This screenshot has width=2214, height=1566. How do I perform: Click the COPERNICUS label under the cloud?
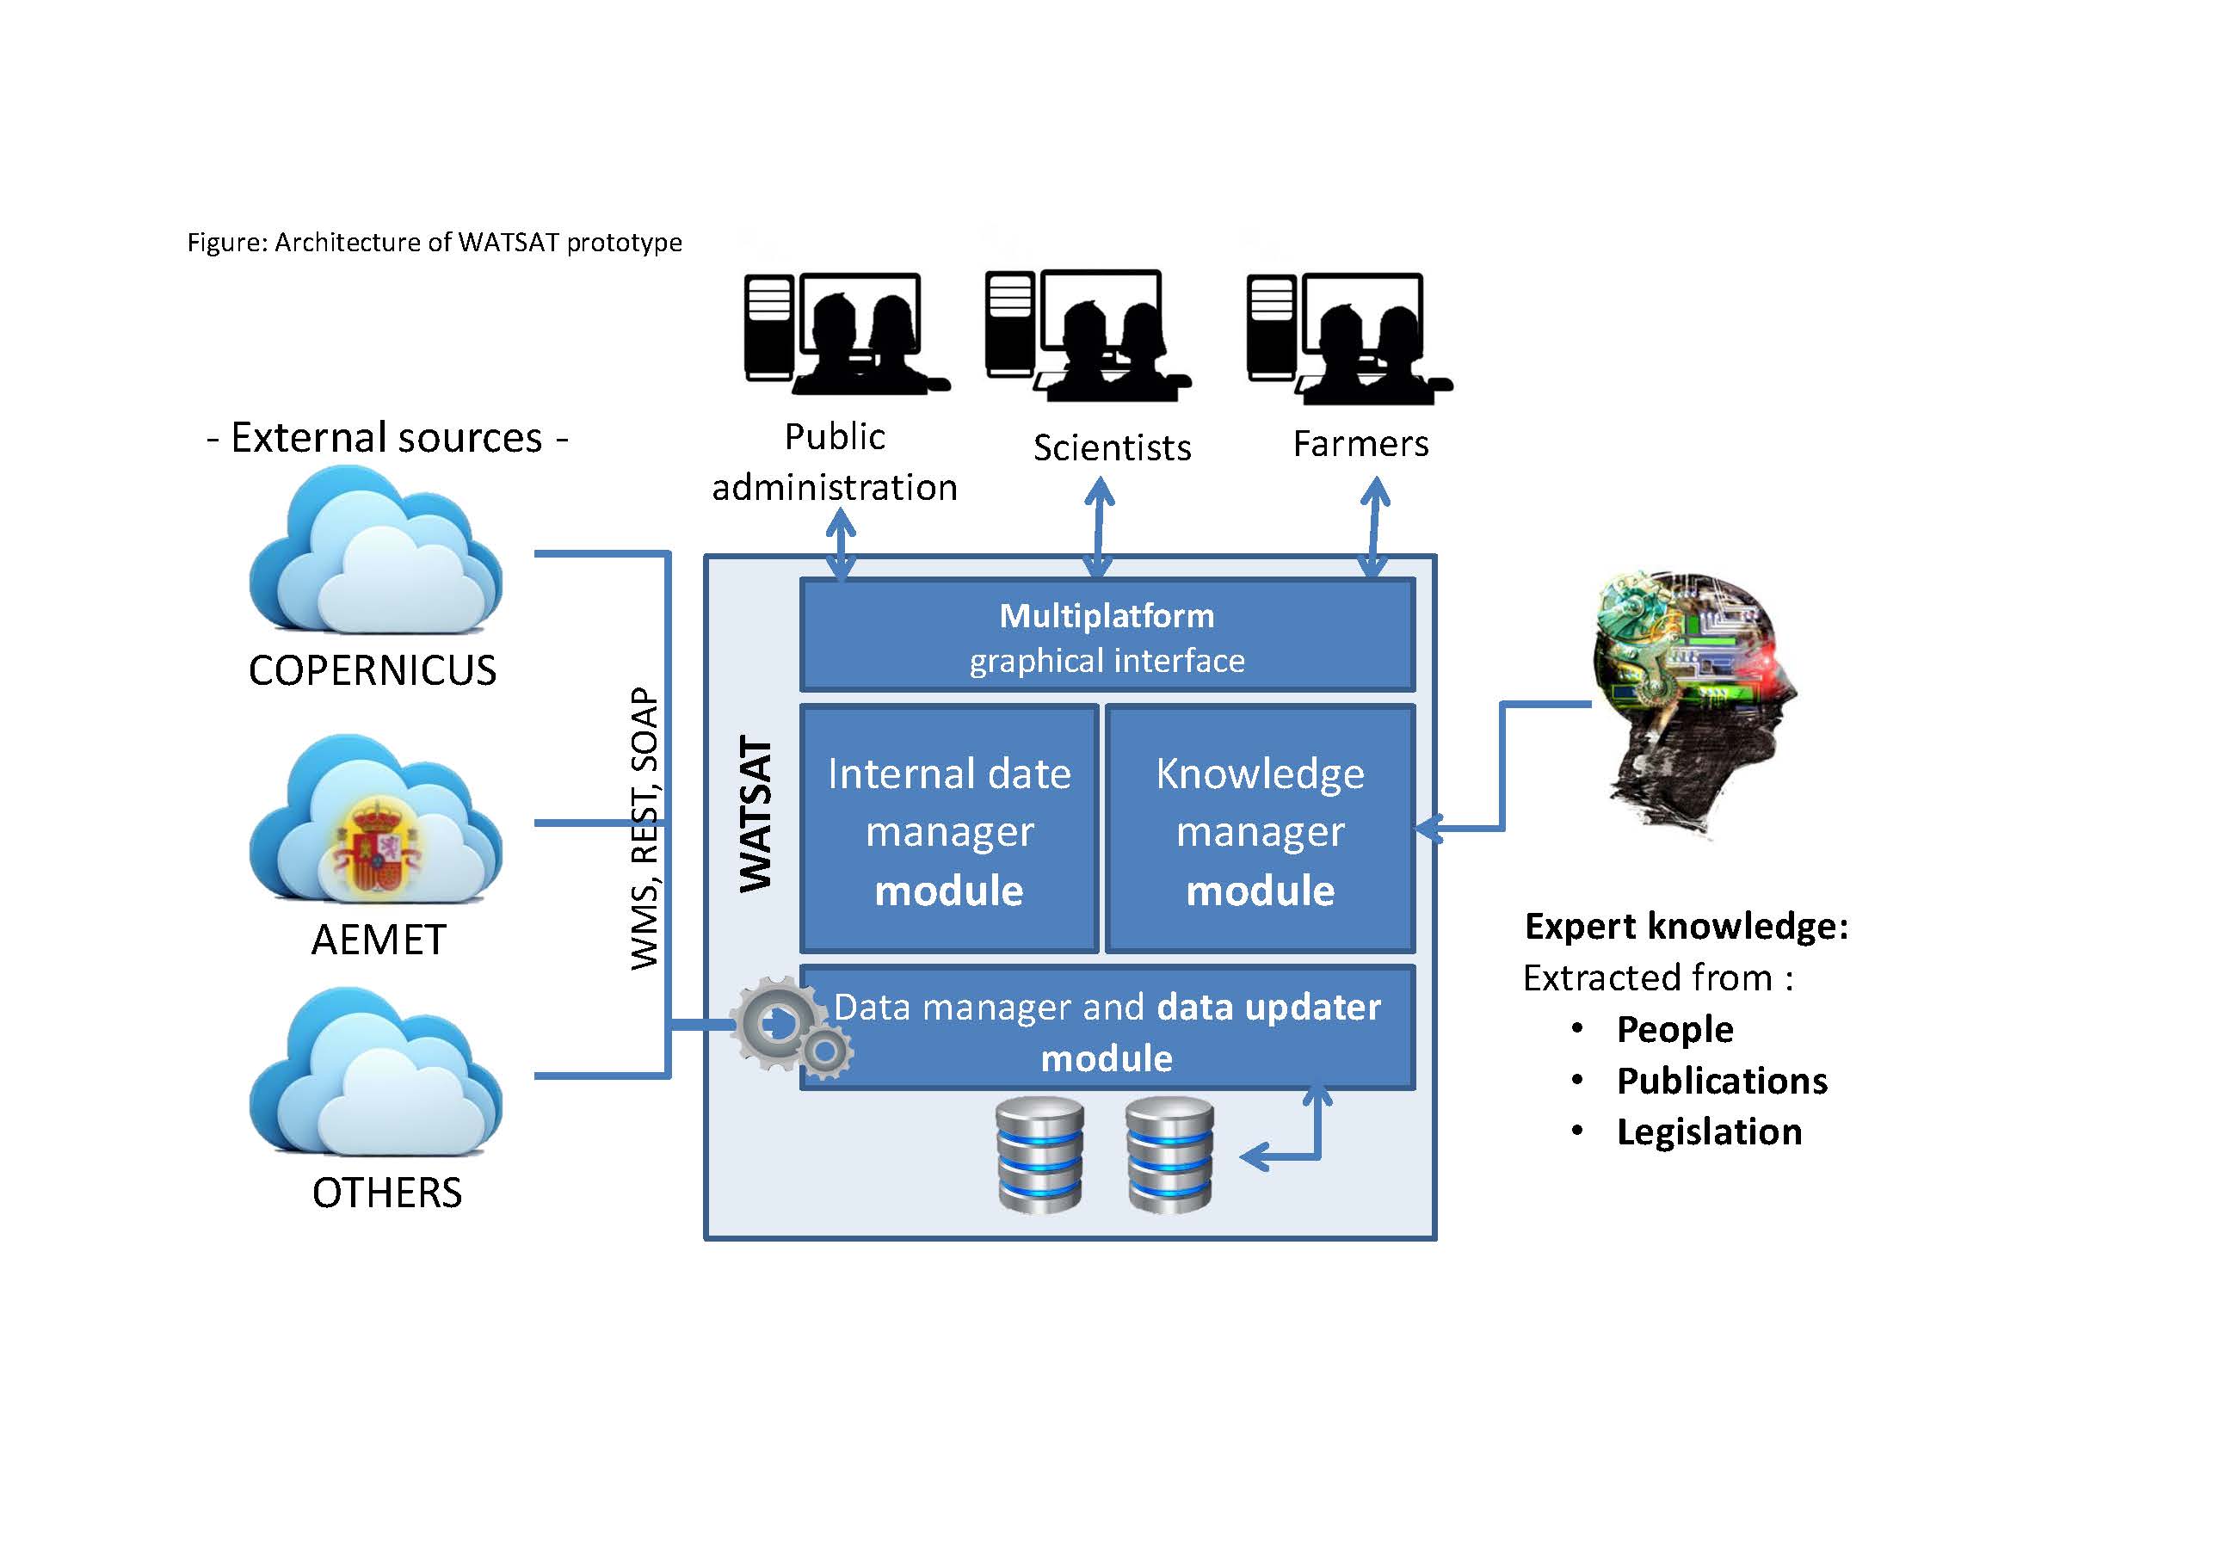tap(373, 670)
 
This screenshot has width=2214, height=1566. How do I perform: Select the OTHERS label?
tap(386, 1193)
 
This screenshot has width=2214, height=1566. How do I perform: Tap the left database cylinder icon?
tap(1039, 1154)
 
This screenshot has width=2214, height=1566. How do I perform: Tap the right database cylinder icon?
tap(1169, 1154)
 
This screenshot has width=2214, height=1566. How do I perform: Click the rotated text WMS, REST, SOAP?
tap(644, 829)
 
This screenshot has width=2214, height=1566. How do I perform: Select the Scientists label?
tap(1112, 447)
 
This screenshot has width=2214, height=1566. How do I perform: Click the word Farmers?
tap(1360, 444)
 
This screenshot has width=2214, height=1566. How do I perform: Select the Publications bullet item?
tap(1722, 1081)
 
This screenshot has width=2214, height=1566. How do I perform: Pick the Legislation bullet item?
tap(1710, 1132)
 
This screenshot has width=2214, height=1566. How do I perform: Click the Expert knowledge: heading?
tap(1687, 926)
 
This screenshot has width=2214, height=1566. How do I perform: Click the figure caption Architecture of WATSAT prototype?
tap(478, 242)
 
